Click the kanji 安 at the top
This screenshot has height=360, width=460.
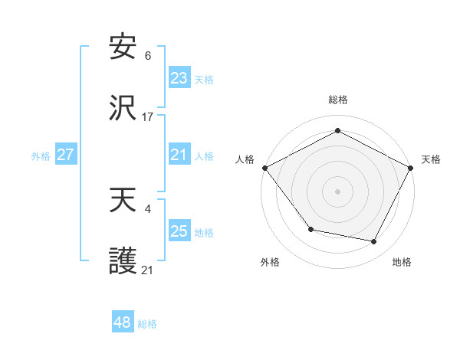click(x=123, y=47)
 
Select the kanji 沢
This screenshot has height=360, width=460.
click(x=123, y=109)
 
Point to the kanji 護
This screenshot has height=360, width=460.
click(x=123, y=262)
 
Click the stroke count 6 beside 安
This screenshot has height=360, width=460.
click(x=148, y=56)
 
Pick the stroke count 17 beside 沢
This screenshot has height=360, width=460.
click(x=148, y=117)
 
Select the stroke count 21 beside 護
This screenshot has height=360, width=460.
click(x=148, y=270)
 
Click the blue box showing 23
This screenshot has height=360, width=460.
click(x=179, y=78)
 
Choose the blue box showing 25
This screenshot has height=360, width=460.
click(x=179, y=231)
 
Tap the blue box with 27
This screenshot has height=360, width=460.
click(x=66, y=155)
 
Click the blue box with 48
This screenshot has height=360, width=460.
click(x=123, y=323)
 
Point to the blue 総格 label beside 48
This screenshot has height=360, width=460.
click(x=147, y=324)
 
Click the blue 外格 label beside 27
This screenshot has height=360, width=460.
click(x=41, y=155)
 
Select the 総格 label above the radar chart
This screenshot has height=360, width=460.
click(x=337, y=100)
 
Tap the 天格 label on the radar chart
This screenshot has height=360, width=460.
click(x=431, y=159)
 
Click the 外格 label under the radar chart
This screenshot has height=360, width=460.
click(x=270, y=262)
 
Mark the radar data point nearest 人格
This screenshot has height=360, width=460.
click(x=264, y=167)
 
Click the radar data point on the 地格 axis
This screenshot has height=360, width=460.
click(x=374, y=241)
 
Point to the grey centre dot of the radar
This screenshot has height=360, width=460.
click(x=337, y=191)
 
